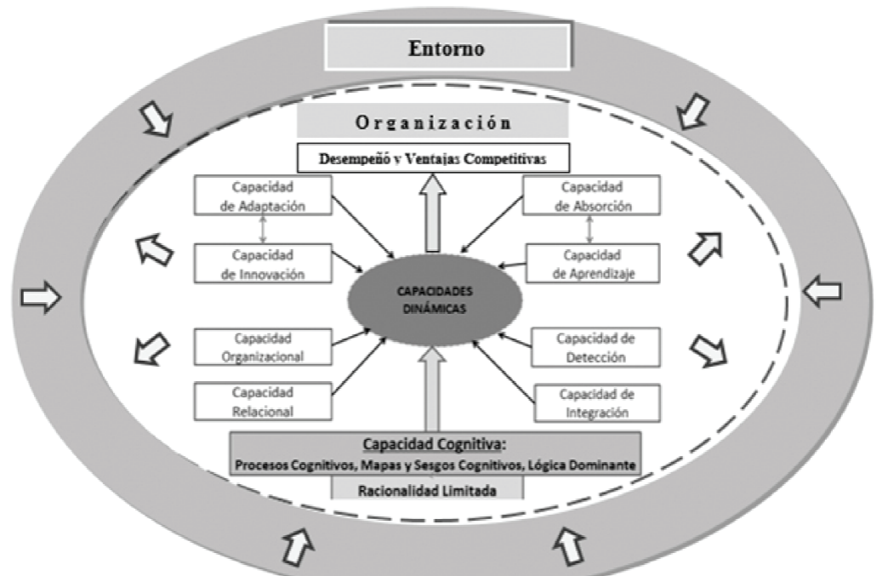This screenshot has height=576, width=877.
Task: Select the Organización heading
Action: click(x=432, y=123)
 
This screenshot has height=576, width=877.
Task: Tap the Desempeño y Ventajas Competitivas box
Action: click(x=433, y=157)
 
